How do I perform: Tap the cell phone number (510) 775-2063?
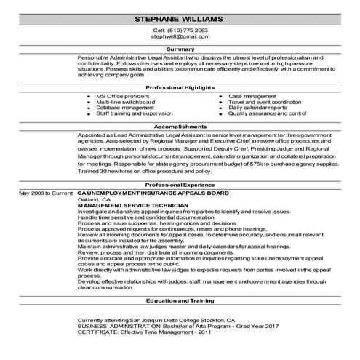[x=180, y=31]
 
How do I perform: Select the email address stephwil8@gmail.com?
[x=180, y=39]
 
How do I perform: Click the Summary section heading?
[x=180, y=49]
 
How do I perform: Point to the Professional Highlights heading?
[x=180, y=87]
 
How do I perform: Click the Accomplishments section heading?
[x=180, y=125]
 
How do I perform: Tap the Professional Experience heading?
[x=180, y=185]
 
